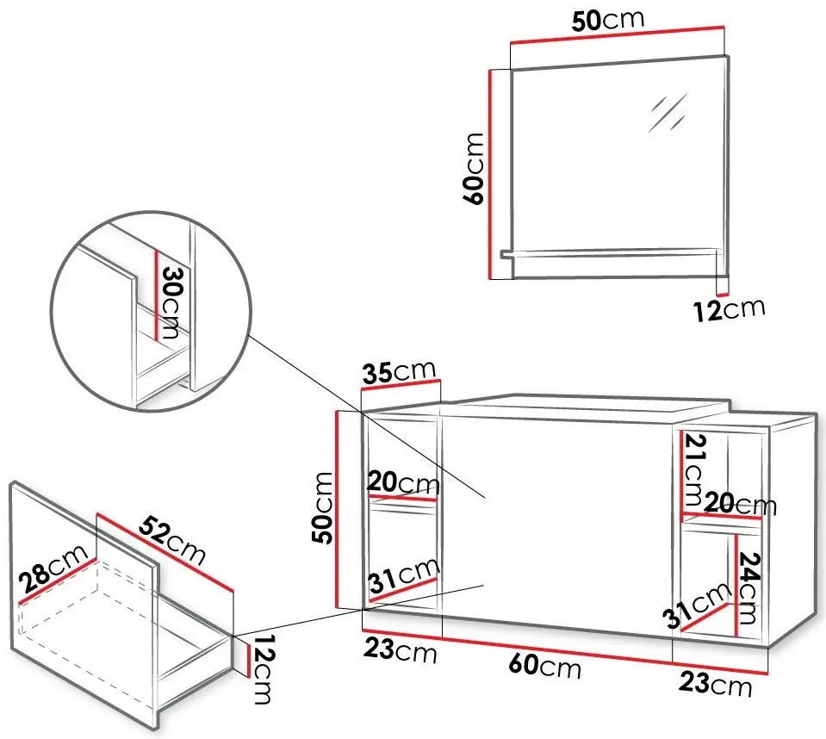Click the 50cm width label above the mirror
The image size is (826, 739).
point(608,20)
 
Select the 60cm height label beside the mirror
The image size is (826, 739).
point(474,169)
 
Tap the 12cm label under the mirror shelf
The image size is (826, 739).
point(730,310)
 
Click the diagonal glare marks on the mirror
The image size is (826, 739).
point(668,112)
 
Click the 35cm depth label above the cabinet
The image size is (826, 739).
point(400,371)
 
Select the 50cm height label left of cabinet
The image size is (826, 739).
point(322,507)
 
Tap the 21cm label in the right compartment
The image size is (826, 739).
point(693,469)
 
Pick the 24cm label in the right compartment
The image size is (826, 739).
point(747,587)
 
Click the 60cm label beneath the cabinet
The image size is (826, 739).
point(545,666)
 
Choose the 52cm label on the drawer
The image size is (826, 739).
point(171,539)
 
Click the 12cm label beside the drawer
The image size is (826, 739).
point(262,669)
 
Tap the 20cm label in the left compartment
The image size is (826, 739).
point(403,482)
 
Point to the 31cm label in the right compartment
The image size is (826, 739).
point(697,605)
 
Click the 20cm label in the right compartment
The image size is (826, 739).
point(741,504)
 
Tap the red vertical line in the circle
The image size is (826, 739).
point(157,295)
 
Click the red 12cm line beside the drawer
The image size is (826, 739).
point(247,661)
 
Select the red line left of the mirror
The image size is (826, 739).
point(490,174)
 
